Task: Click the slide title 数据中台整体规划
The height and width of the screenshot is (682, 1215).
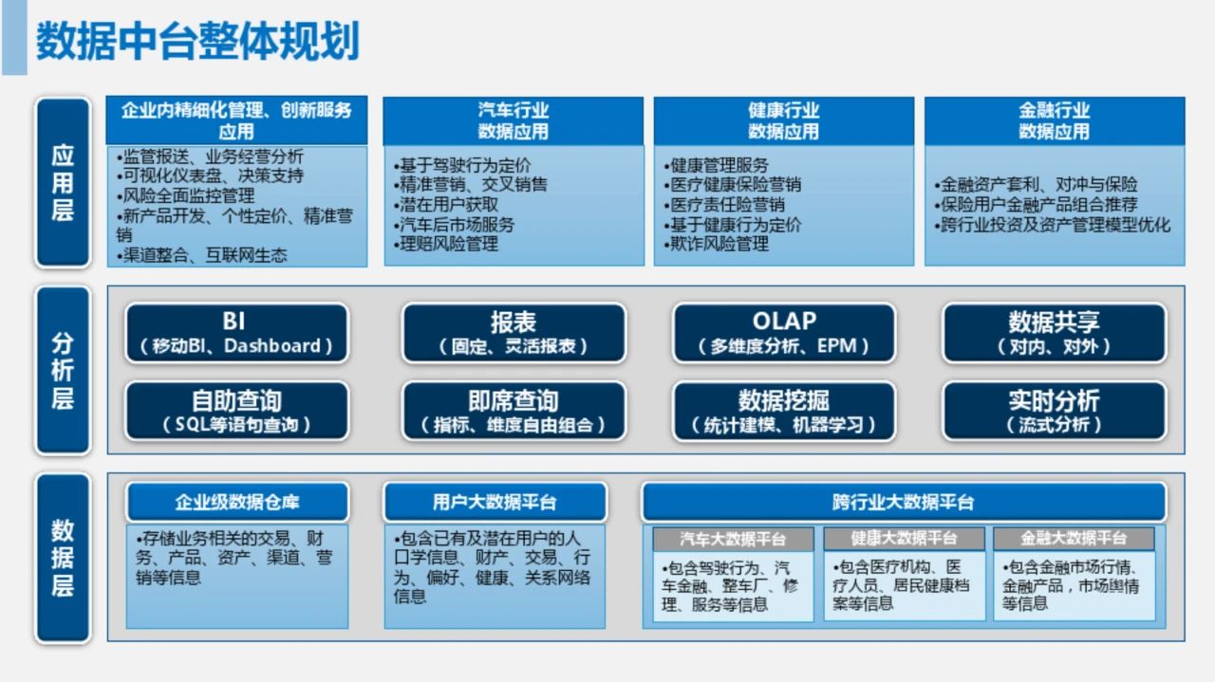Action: pos(197,41)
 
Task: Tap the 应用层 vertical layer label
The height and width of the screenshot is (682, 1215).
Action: pos(63,183)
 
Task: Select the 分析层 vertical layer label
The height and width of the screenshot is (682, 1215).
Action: pos(63,370)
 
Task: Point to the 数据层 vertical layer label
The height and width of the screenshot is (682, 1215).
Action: pos(63,558)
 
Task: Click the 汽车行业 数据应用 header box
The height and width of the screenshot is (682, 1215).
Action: pos(514,120)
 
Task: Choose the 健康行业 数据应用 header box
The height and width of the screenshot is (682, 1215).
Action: pos(784,120)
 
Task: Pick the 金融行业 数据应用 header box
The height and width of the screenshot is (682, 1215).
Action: pos(1055,120)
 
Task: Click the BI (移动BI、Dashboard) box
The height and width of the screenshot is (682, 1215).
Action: pos(237,333)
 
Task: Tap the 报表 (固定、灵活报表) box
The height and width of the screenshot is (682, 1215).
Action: pos(514,333)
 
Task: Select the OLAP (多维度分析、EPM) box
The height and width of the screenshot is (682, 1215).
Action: pos(784,333)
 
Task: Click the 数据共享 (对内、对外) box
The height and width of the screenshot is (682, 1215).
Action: pos(1055,333)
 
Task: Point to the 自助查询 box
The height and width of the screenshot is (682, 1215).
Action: pos(237,411)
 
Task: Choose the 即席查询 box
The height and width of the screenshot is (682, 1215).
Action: pos(514,411)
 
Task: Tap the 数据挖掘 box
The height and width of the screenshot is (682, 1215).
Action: pos(784,411)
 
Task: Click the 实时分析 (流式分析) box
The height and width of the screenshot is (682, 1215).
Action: pos(1055,411)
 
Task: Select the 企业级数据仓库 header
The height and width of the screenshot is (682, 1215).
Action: pos(237,502)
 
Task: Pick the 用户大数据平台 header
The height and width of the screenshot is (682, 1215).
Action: pos(495,502)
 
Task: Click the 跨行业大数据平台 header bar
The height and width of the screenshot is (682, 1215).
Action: pos(904,502)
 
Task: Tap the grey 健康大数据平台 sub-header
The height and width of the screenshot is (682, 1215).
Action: pos(904,539)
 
